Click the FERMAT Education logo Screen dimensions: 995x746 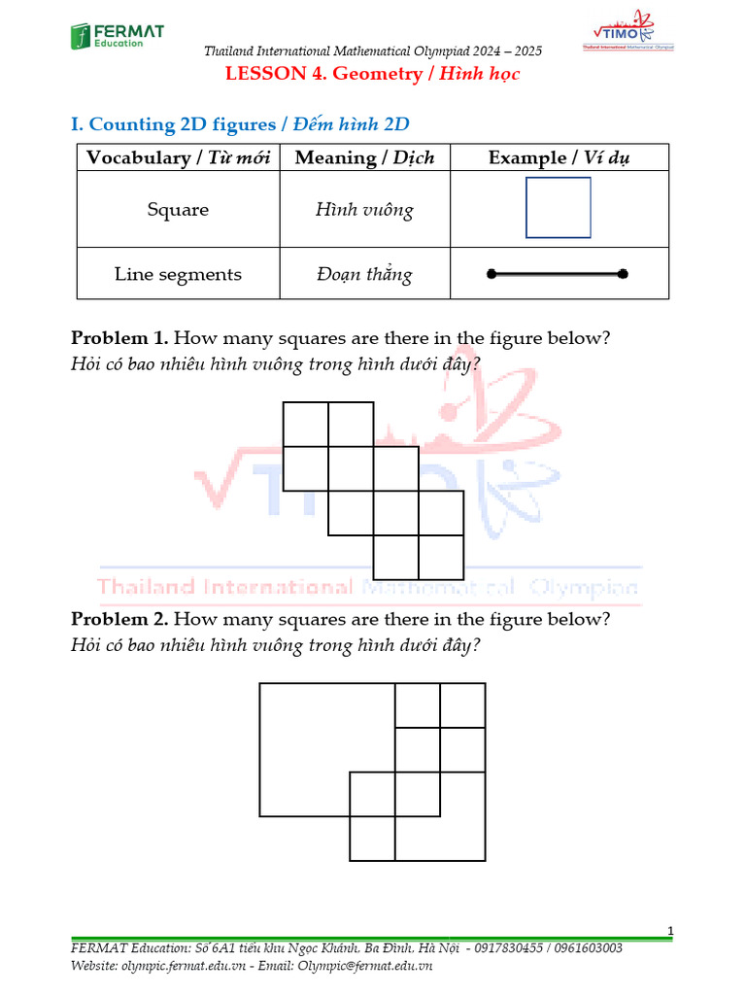(117, 36)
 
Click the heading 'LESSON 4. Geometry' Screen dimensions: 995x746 (373, 75)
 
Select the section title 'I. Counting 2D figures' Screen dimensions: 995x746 (240, 124)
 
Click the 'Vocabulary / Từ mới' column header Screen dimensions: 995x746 (178, 157)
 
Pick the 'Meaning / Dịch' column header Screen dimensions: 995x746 (364, 157)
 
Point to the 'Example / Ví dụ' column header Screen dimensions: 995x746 (559, 157)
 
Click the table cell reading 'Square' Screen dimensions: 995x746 (178, 209)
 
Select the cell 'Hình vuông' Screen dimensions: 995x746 (364, 209)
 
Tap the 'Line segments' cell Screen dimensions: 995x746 (178, 274)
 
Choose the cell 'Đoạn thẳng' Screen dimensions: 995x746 (364, 274)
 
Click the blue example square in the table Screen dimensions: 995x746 (559, 208)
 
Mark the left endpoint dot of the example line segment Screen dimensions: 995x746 (492, 275)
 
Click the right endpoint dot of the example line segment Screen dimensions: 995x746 (624, 275)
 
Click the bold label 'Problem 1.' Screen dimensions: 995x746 (119, 338)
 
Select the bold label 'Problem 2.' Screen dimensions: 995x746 (119, 619)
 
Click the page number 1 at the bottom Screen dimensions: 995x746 (670, 932)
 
